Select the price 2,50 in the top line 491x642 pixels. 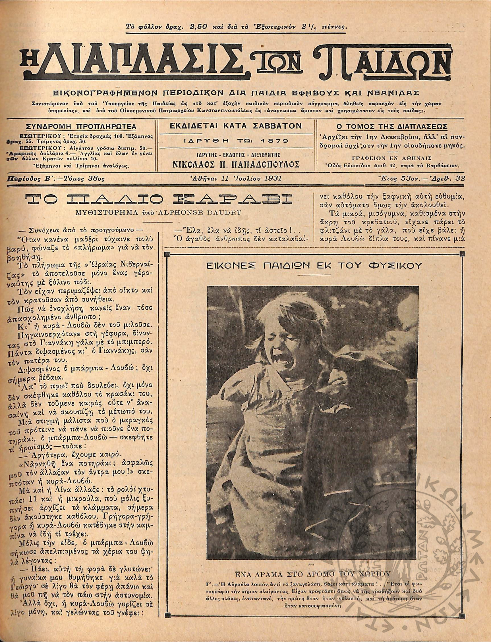click(x=199, y=28)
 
